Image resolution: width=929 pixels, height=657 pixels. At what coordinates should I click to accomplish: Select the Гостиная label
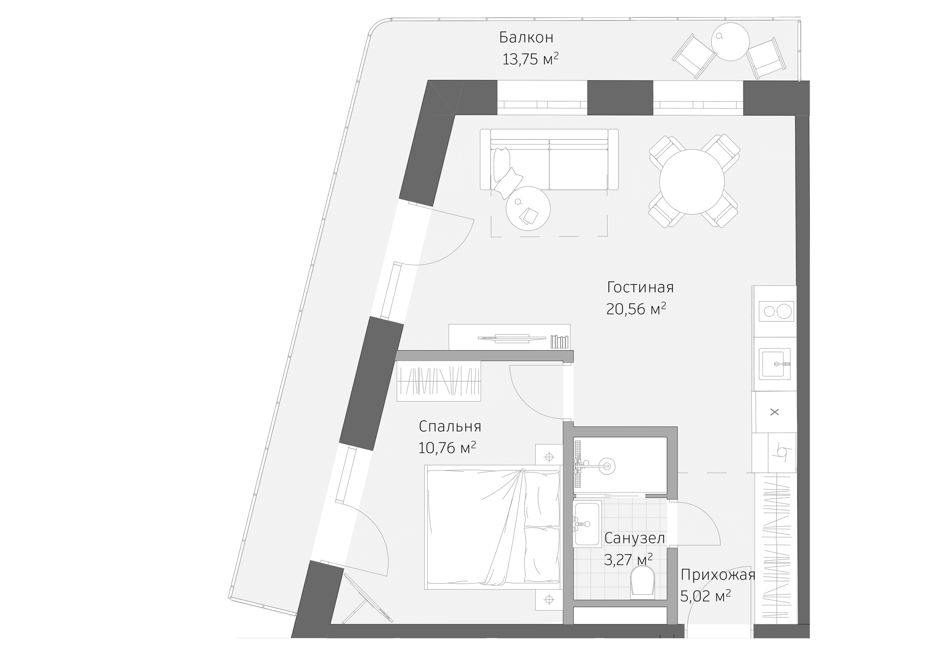pos(640,287)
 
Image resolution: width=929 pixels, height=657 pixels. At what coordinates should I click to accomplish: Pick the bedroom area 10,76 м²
pos(447,448)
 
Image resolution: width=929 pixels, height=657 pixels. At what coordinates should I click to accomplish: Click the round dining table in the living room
pos(692,182)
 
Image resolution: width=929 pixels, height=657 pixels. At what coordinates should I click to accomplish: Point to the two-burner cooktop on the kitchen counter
pos(776,311)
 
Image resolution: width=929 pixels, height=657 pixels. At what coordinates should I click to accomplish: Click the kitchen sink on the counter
pos(774,364)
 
